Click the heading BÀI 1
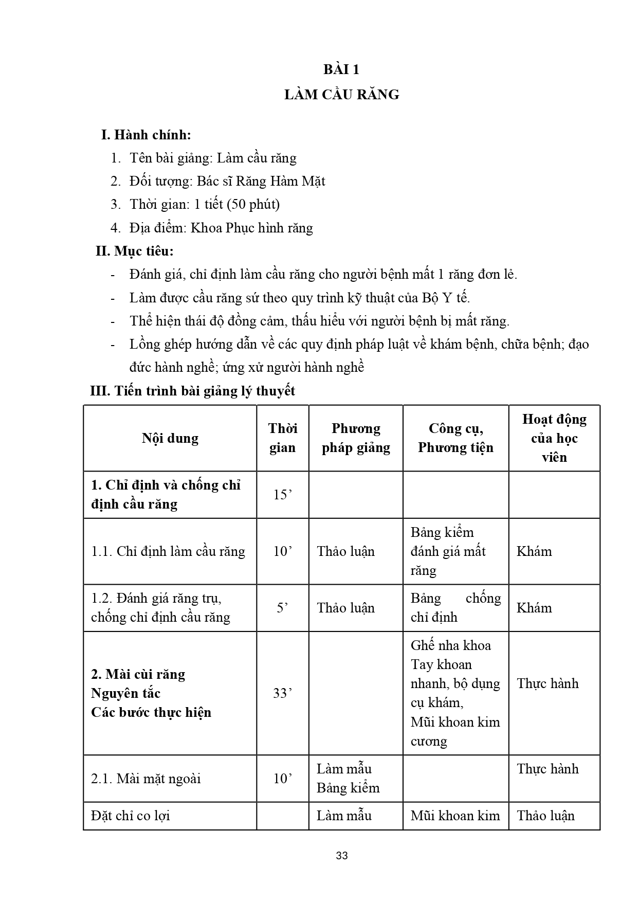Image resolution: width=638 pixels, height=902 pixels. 341,69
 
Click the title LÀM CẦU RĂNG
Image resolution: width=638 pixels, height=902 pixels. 341,95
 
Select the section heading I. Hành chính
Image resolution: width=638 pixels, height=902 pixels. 146,135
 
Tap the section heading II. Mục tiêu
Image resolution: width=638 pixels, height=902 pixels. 135,251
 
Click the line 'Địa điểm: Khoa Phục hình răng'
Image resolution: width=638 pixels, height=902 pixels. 221,228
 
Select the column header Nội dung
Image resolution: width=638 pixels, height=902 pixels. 170,438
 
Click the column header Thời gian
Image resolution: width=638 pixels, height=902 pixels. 282,438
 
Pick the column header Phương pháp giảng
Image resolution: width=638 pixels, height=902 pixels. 356,438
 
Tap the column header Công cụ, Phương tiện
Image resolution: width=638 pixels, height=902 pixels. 455,438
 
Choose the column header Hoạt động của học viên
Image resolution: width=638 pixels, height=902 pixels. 554,438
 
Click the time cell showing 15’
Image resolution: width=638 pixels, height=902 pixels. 282,495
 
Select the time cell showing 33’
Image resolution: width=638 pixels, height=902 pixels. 282,693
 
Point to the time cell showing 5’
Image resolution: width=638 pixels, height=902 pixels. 282,608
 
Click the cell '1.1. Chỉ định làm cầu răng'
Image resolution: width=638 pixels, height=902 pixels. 168,551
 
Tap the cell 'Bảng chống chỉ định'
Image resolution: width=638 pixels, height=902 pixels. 455,608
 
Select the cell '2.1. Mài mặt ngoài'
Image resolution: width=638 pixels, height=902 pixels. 146,779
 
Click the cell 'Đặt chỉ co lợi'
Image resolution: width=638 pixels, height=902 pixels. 131,816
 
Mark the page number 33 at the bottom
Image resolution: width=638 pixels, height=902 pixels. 341,856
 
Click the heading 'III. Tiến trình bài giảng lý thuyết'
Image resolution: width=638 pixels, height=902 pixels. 193,391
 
